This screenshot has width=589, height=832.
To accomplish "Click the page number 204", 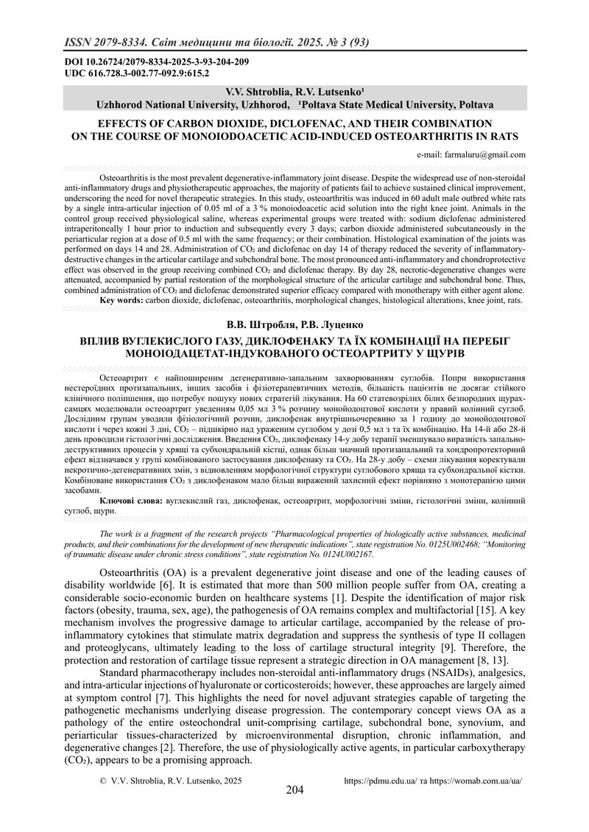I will tap(294, 792).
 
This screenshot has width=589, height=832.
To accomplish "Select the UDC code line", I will tap(128, 74).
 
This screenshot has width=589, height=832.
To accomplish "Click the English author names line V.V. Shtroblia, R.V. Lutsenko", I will tap(294, 93).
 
